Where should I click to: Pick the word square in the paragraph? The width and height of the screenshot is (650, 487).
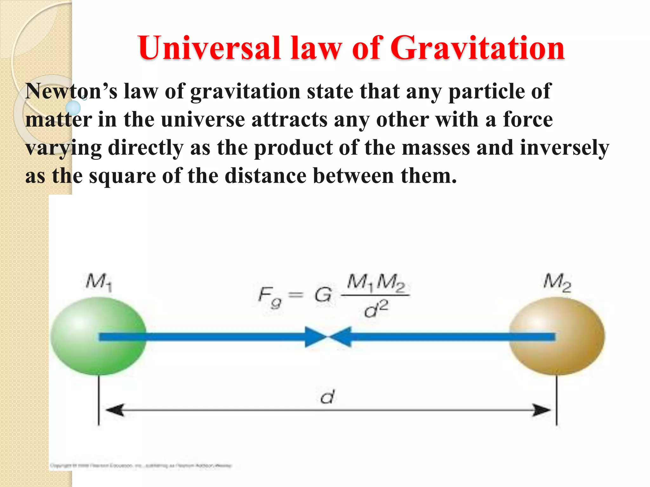click(122, 176)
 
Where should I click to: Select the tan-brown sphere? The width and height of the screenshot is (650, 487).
click(557, 336)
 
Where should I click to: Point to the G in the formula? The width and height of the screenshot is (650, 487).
click(323, 295)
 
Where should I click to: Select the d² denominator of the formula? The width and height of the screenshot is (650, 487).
click(376, 309)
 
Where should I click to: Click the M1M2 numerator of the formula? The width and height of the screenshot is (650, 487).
click(376, 282)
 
